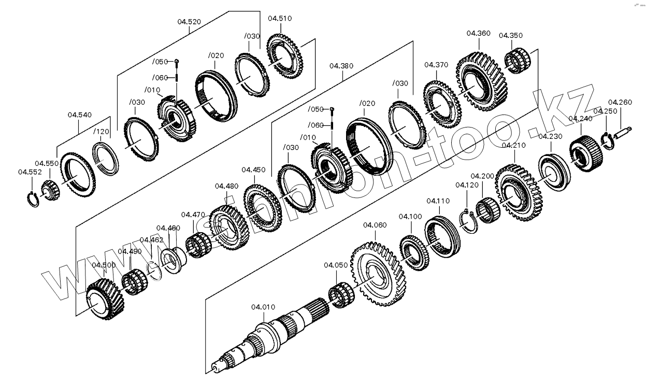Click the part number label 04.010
click(263, 307)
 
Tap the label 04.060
click(375, 225)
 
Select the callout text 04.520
click(189, 22)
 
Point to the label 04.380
click(341, 66)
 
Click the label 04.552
click(30, 172)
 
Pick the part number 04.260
click(620, 102)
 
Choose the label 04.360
click(478, 33)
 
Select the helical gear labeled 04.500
click(105, 299)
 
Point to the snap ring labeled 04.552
click(33, 199)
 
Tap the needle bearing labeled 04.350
click(516, 60)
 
